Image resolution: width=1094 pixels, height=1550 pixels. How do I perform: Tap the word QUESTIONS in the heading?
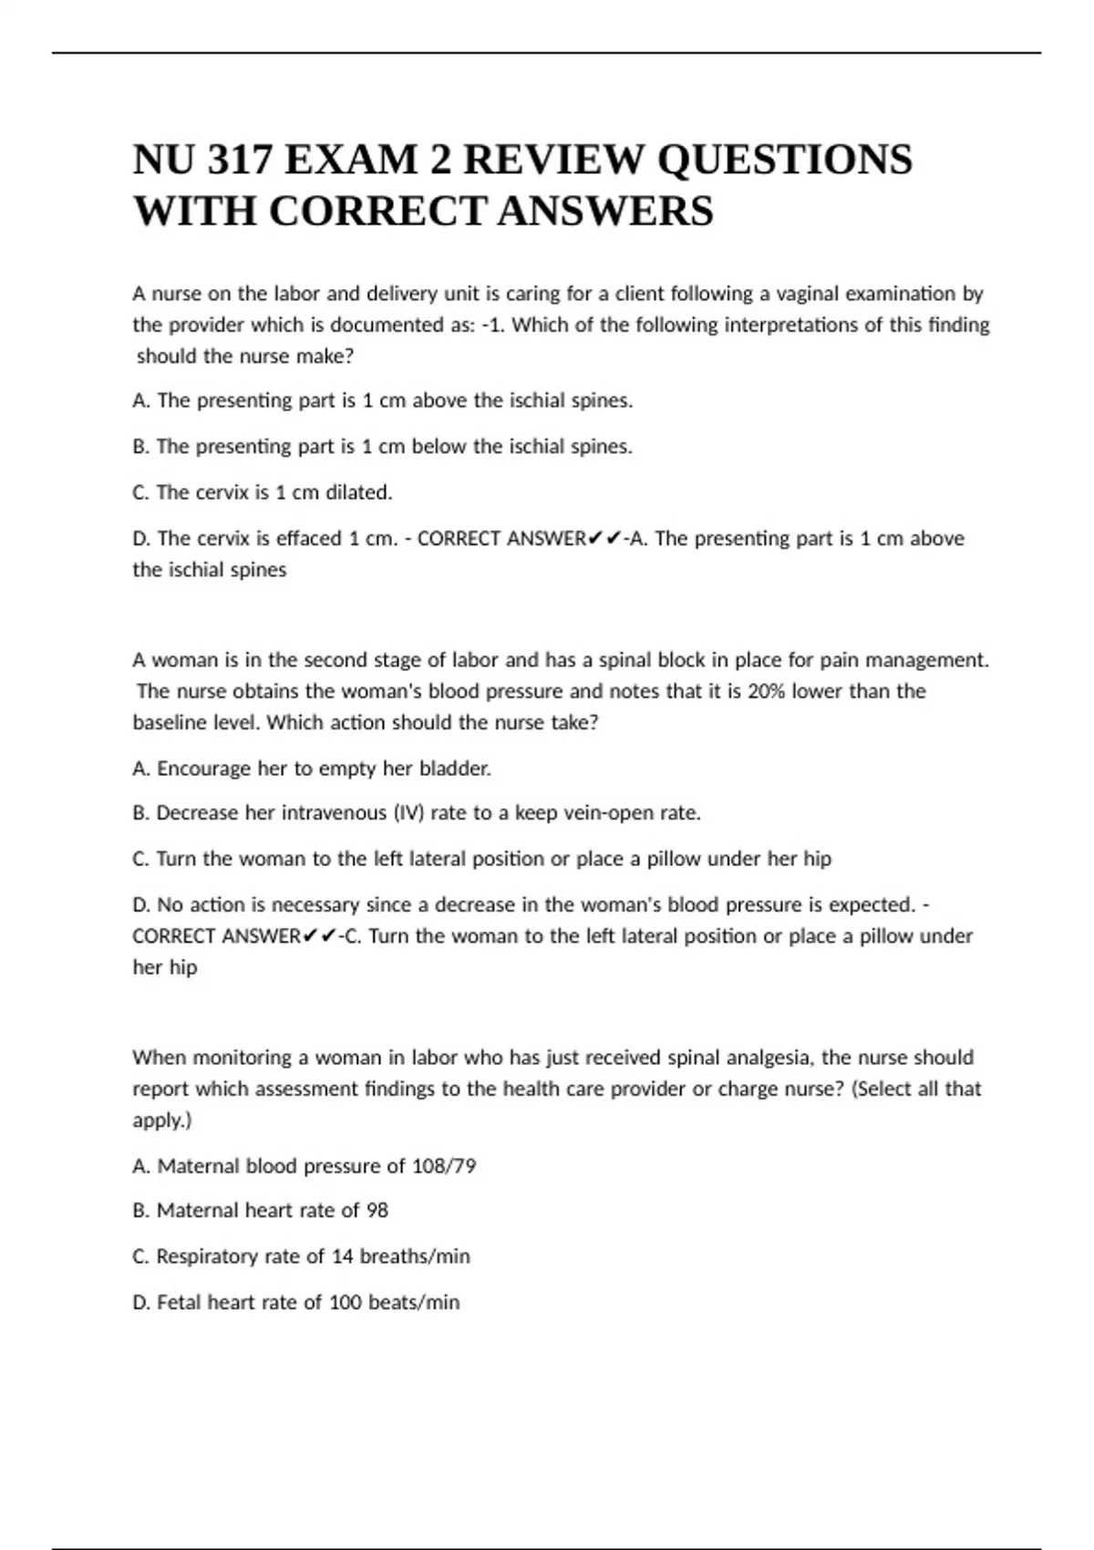(784, 160)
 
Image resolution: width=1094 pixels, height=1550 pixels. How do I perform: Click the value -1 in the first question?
(492, 325)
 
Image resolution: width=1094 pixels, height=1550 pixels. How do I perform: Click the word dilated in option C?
(359, 492)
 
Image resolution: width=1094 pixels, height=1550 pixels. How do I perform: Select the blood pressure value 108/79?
(444, 1166)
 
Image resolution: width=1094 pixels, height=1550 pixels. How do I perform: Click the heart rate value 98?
(377, 1211)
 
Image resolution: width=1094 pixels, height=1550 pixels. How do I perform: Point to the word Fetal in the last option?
(179, 1303)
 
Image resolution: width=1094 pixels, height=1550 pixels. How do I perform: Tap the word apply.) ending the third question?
(162, 1121)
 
